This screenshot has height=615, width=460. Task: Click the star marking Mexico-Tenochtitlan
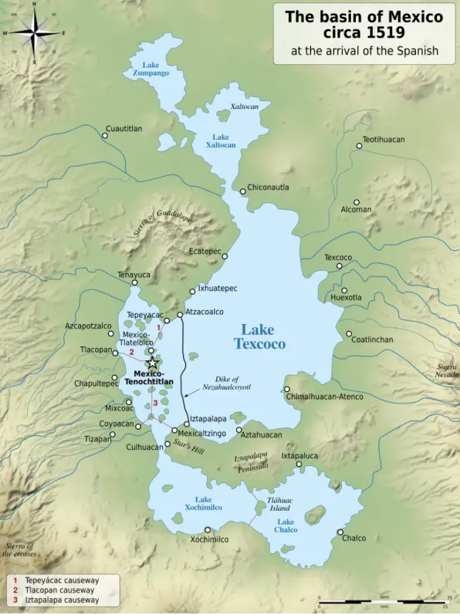[153, 363]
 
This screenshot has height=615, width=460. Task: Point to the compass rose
[34, 33]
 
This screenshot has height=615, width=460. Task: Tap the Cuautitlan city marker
[105, 136]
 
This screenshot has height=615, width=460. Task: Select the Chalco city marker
[340, 531]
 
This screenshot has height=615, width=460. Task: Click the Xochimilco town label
[209, 539]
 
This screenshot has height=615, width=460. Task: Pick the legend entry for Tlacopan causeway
[58, 590]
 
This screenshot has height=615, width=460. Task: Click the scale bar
[384, 601]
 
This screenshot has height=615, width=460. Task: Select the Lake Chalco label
[285, 525]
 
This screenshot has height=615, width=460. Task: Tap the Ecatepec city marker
[225, 256]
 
